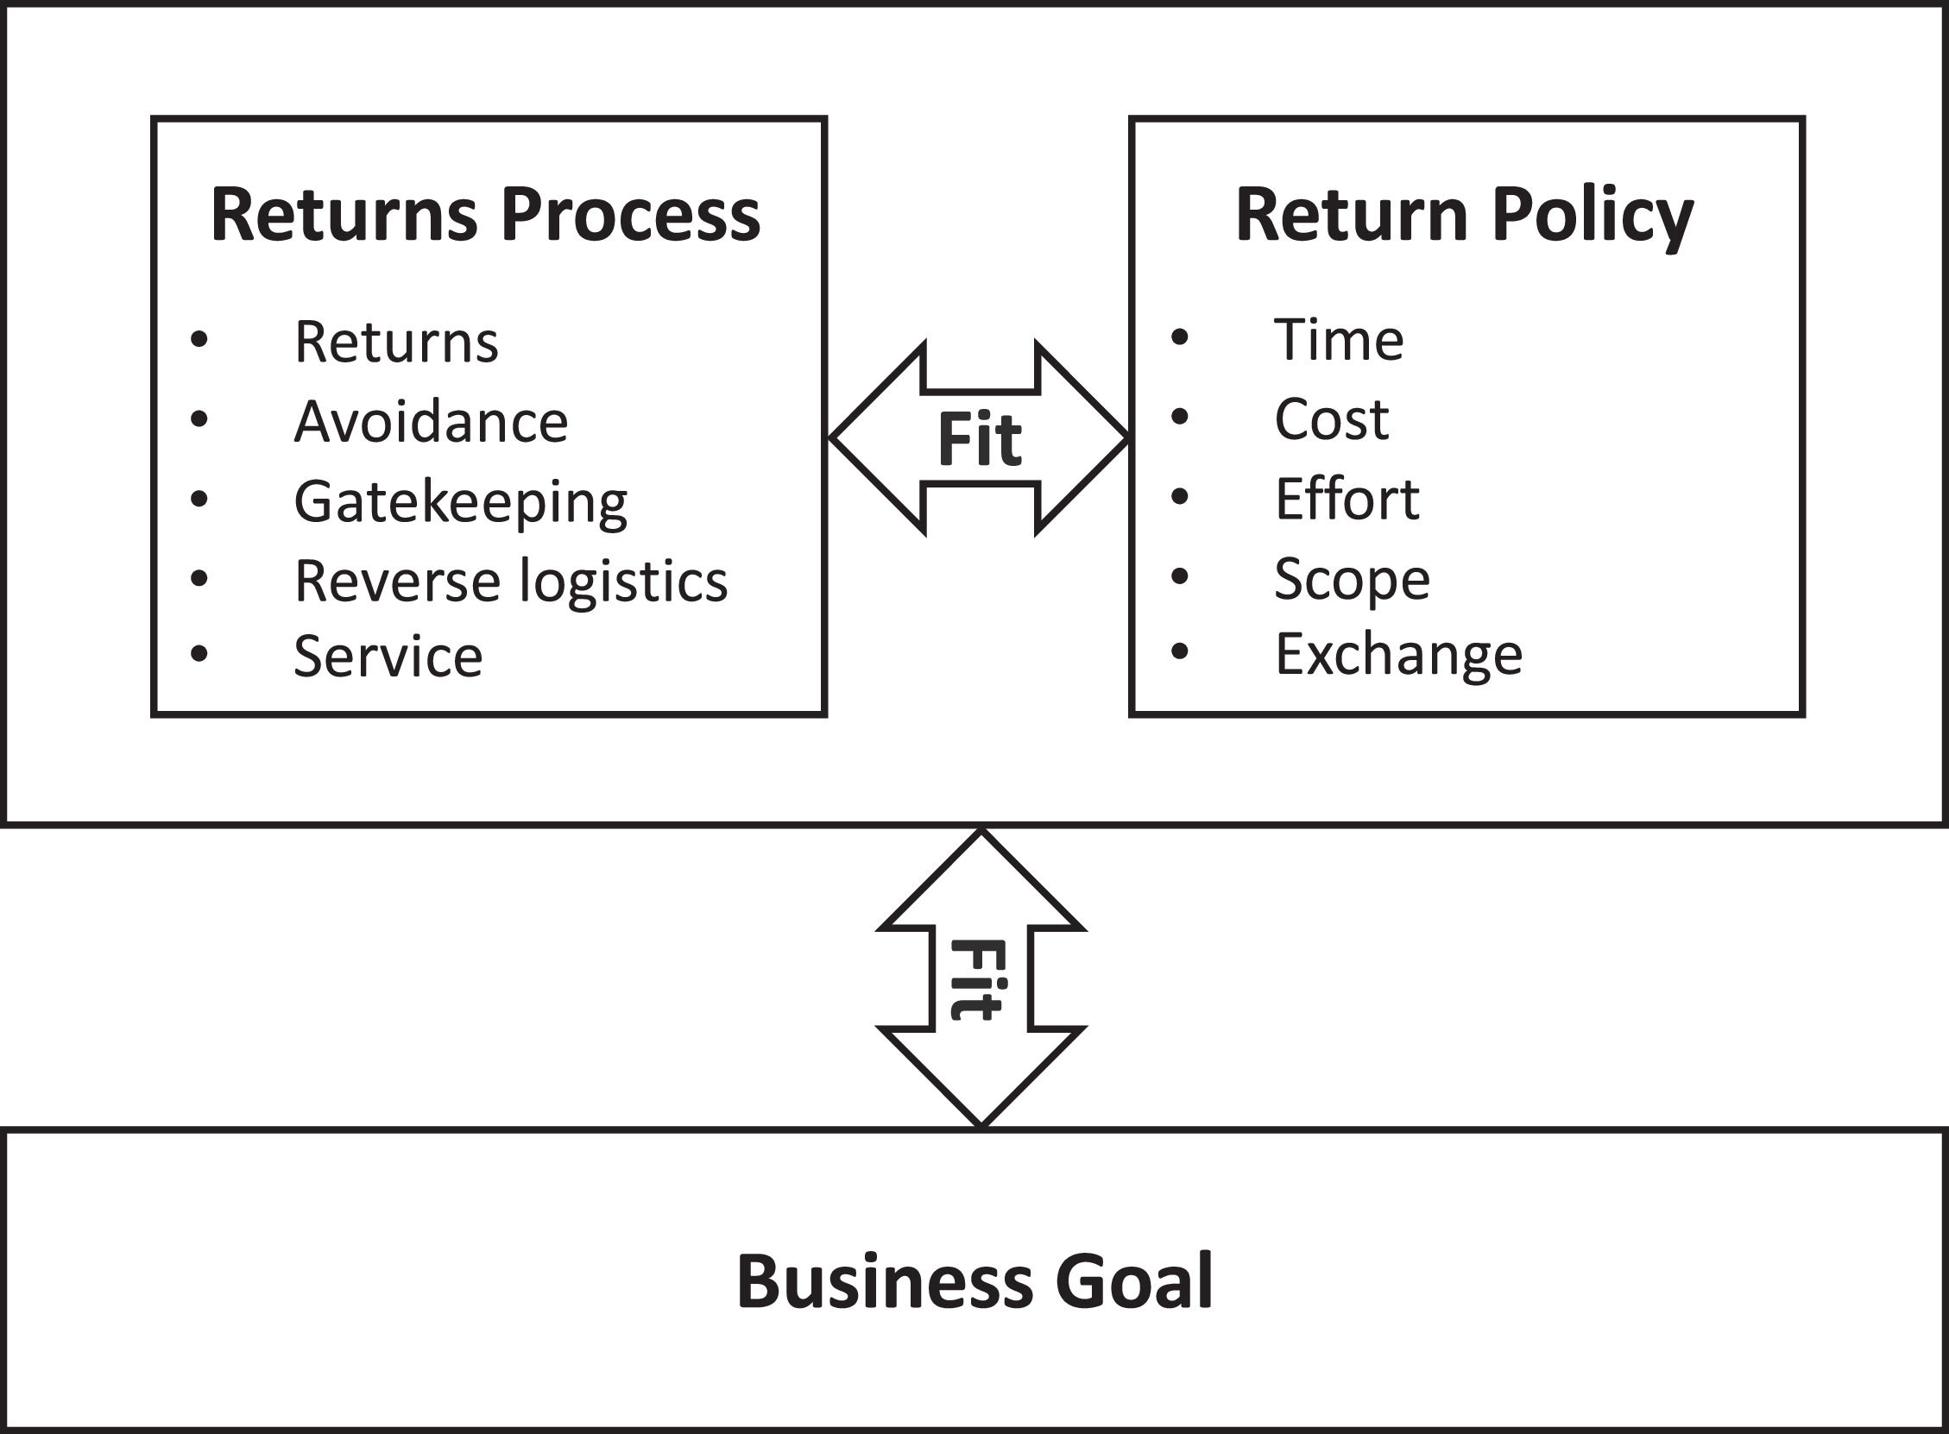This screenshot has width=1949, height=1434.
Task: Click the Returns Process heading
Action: (485, 216)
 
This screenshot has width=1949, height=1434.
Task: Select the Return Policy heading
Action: (1464, 216)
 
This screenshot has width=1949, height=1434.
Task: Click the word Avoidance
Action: (431, 422)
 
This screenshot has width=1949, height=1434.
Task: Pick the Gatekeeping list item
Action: (460, 501)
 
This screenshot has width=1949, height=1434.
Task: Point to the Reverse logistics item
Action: (510, 581)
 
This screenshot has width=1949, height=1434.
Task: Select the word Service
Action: (388, 657)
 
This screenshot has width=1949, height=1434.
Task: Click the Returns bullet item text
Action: (396, 342)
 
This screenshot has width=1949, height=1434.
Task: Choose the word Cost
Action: (1331, 419)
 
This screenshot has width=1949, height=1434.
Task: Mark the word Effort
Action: (1347, 499)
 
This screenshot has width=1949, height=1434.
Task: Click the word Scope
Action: (1352, 579)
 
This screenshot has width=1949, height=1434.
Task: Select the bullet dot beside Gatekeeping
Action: (199, 499)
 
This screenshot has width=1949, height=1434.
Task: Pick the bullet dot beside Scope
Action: (1179, 575)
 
